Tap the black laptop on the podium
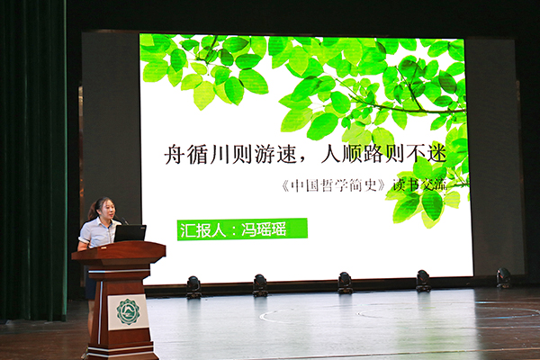pos(130,233)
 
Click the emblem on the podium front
pos(128,312)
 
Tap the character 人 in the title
pos(331,155)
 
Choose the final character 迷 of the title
pos(436,155)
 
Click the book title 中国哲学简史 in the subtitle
pos(333,185)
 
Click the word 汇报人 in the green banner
pos(202,229)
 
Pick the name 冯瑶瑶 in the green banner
pos(264,229)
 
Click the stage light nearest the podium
pos(193,286)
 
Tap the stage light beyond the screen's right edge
pos(503,278)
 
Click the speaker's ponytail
pos(92,212)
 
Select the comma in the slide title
pos(304,161)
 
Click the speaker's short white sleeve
pos(85,233)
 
